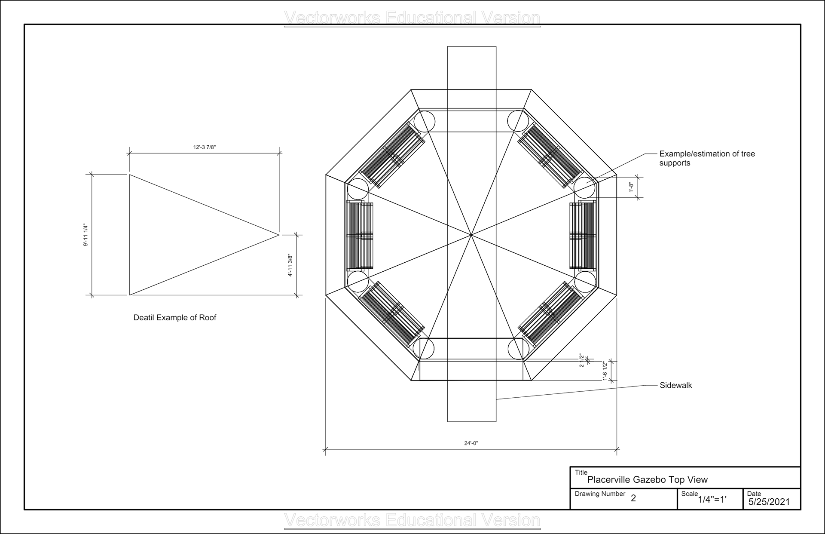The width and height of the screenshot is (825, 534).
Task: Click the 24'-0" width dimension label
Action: click(x=471, y=443)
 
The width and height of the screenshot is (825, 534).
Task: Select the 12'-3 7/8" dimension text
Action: click(x=204, y=147)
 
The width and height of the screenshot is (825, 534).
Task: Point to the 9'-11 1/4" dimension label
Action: click(x=86, y=235)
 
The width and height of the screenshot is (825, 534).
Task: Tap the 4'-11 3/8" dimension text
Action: click(x=290, y=265)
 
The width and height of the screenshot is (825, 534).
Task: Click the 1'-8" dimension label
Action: click(x=631, y=187)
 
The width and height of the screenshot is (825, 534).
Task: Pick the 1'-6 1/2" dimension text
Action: click(x=605, y=371)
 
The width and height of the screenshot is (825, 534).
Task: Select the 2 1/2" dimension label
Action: click(x=582, y=360)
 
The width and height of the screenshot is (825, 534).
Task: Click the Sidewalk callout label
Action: click(x=675, y=386)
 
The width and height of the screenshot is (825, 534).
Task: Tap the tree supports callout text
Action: click(x=707, y=158)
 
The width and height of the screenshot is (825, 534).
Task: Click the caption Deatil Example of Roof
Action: click(x=175, y=318)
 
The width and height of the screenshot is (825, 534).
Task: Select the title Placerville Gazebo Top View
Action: click(x=647, y=479)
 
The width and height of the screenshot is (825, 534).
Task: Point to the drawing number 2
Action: click(x=633, y=498)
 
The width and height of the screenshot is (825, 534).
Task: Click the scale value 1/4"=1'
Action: click(x=712, y=500)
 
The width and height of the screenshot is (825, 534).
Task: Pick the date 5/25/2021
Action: click(x=769, y=501)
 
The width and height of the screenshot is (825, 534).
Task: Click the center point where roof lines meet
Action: click(x=471, y=235)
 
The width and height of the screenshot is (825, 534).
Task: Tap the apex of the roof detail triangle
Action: click(x=279, y=235)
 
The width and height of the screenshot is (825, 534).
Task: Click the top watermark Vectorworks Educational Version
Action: click(x=412, y=18)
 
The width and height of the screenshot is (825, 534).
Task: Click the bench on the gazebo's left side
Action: click(x=360, y=235)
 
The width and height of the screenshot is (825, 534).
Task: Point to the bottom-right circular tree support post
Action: click(x=518, y=349)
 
